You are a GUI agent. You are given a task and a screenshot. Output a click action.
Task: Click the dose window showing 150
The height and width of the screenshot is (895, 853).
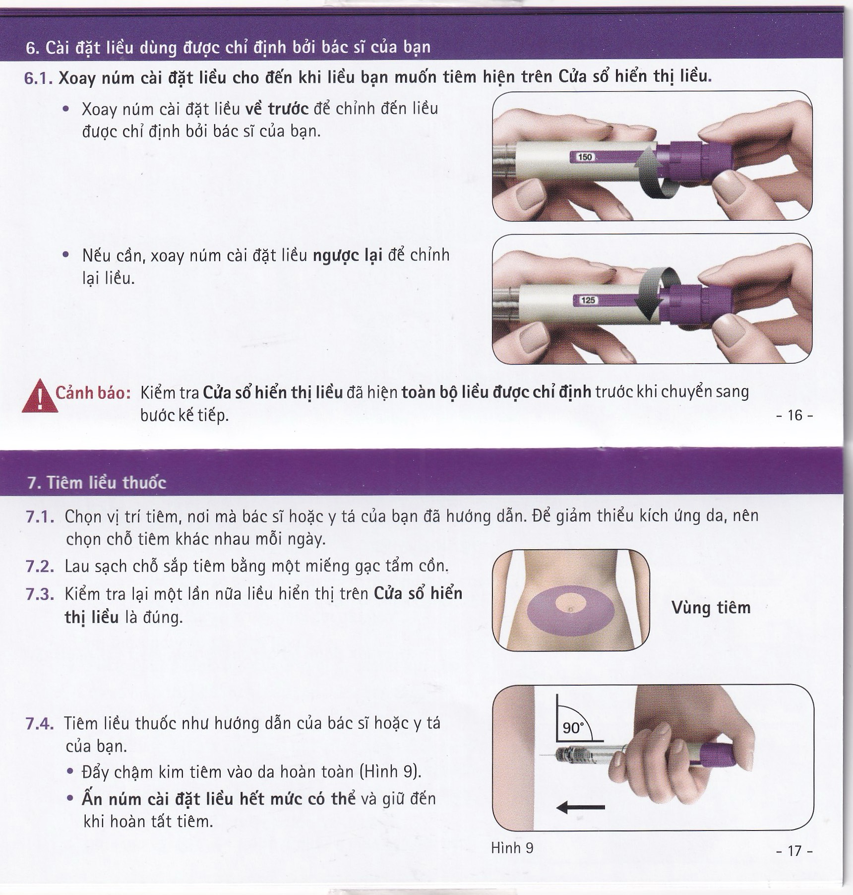click(x=585, y=157)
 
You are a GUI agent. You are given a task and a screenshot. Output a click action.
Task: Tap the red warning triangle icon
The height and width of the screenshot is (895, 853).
click(x=40, y=396)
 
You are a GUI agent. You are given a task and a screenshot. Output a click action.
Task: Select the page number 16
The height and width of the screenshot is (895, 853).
click(x=794, y=415)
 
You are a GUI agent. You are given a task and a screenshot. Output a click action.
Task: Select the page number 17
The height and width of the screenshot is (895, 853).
click(x=794, y=851)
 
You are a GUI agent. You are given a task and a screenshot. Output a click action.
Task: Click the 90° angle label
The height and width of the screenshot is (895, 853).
click(x=573, y=728)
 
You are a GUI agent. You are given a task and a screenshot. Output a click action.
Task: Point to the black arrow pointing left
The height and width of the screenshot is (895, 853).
click(x=581, y=808)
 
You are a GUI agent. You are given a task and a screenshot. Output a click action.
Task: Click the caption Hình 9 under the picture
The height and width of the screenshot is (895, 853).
click(x=512, y=848)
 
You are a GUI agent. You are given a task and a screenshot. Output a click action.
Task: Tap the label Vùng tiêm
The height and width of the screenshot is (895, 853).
click(x=711, y=608)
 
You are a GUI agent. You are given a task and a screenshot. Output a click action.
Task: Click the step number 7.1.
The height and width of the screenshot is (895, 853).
click(x=40, y=517)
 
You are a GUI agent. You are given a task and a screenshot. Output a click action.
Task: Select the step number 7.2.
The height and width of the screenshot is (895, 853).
click(x=40, y=567)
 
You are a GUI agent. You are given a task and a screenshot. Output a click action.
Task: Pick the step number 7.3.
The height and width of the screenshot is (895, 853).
click(x=40, y=594)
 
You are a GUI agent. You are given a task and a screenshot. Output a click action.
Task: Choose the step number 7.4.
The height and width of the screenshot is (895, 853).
click(x=40, y=724)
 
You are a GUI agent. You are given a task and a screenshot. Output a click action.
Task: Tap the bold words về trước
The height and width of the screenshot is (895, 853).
click(x=277, y=109)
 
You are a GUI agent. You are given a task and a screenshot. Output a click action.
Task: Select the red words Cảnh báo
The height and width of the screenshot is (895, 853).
click(x=93, y=393)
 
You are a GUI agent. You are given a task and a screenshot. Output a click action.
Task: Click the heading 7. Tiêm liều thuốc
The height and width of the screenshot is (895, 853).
click(x=97, y=482)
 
